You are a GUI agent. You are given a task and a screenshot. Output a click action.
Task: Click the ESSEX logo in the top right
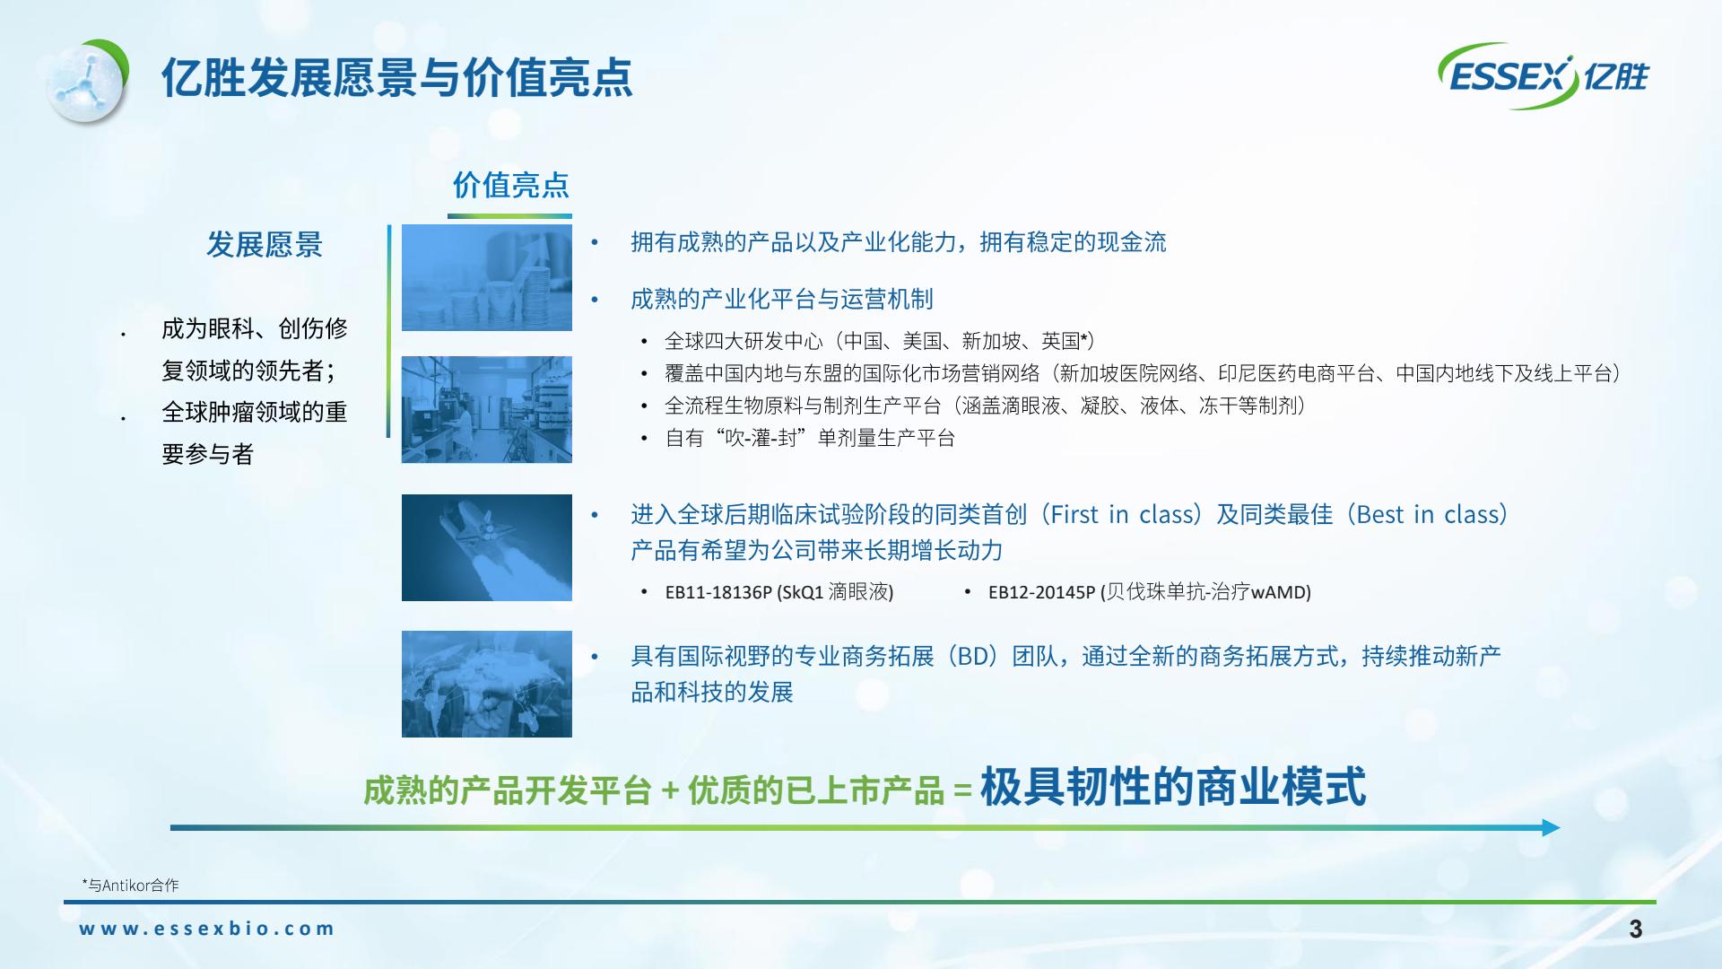1544,76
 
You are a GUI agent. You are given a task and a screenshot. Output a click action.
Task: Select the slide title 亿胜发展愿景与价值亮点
396,78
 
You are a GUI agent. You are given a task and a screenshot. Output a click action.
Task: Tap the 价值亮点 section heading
510,185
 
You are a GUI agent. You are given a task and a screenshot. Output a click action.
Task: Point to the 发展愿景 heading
264,244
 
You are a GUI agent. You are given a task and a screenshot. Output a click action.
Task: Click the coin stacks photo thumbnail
487,277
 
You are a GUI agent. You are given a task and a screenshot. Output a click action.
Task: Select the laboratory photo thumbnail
487,409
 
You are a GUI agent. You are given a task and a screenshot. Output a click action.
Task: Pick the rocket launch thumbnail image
487,547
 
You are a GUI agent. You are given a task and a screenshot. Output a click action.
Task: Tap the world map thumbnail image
487,684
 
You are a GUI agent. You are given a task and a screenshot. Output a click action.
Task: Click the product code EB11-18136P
718,592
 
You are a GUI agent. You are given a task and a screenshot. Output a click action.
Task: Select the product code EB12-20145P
1041,592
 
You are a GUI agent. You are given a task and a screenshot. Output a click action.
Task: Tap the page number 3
1636,929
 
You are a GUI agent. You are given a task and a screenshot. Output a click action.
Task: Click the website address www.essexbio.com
206,929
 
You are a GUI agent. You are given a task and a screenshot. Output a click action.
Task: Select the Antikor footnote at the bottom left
130,886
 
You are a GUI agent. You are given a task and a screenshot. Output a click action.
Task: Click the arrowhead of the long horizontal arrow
1552,827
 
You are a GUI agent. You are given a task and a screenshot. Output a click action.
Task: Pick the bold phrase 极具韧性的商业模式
1173,787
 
